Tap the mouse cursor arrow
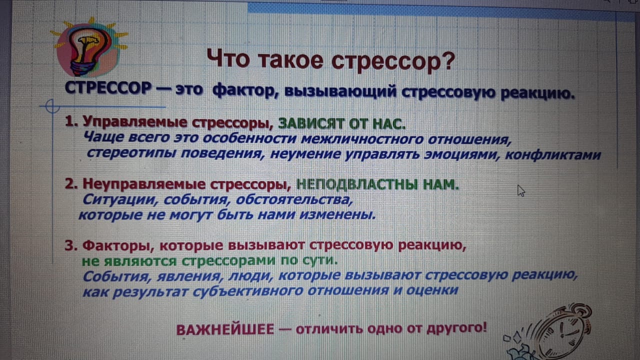pos(521,190)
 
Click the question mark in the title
pos(447,60)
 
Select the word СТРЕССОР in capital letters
pos(108,88)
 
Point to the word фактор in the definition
pos(245,90)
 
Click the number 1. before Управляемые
pos(71,121)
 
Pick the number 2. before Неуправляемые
pos(71,183)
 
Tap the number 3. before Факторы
pos(71,245)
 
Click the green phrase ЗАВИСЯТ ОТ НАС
pos(341,123)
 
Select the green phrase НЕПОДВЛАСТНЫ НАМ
pos(377,185)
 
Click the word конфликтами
pos(553,155)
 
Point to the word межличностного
pos(362,139)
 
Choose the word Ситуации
pos(120,199)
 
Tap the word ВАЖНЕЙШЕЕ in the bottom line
pos(225,329)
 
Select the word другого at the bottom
pos(456,328)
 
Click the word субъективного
pos(247,291)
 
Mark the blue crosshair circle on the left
pos(52,106)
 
